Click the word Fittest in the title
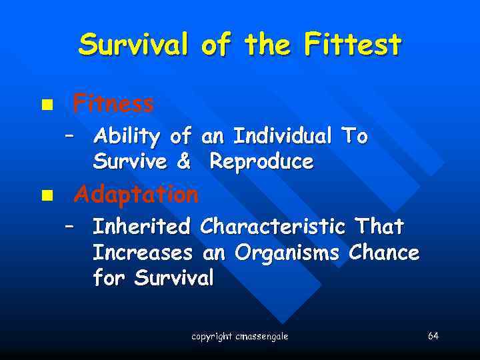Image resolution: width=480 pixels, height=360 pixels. click(x=353, y=45)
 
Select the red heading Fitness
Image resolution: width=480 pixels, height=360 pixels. click(x=113, y=103)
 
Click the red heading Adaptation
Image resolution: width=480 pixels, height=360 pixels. click(x=136, y=195)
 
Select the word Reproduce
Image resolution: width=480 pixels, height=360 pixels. click(x=261, y=161)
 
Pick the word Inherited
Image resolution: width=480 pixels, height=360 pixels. click(x=141, y=227)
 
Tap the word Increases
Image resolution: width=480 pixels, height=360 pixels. click(x=142, y=253)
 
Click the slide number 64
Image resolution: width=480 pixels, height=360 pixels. click(x=433, y=335)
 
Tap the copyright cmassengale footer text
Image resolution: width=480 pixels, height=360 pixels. click(x=240, y=337)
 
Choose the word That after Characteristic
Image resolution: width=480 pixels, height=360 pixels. click(x=379, y=227)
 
